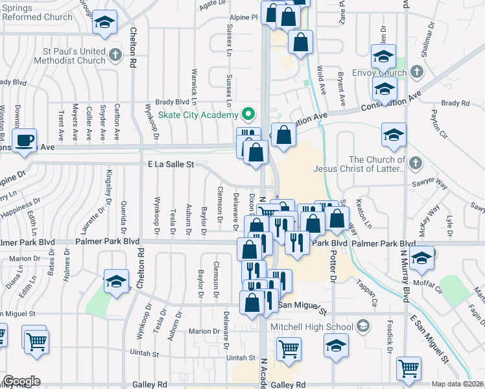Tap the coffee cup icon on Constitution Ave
tap(25, 141)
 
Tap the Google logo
tap(21, 381)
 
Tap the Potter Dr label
tap(335, 268)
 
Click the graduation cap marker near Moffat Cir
tap(421, 258)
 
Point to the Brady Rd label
tap(455, 103)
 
